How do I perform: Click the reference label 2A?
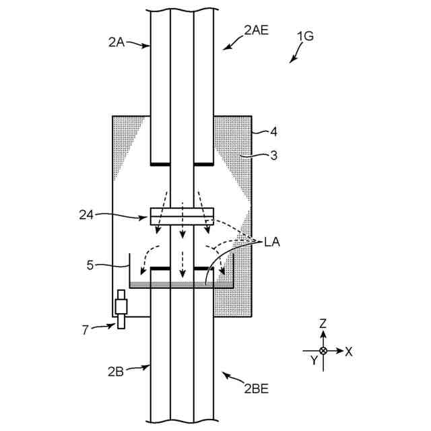tap(116, 42)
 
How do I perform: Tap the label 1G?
tap(304, 37)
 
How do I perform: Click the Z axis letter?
tap(323, 325)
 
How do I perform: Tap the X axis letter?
tap(349, 351)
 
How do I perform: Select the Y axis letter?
tap(313, 360)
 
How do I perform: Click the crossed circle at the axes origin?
tap(323, 351)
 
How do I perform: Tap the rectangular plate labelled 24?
tap(182, 216)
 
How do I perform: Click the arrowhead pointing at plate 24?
tap(147, 217)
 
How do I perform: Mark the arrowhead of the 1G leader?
tap(292, 61)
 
